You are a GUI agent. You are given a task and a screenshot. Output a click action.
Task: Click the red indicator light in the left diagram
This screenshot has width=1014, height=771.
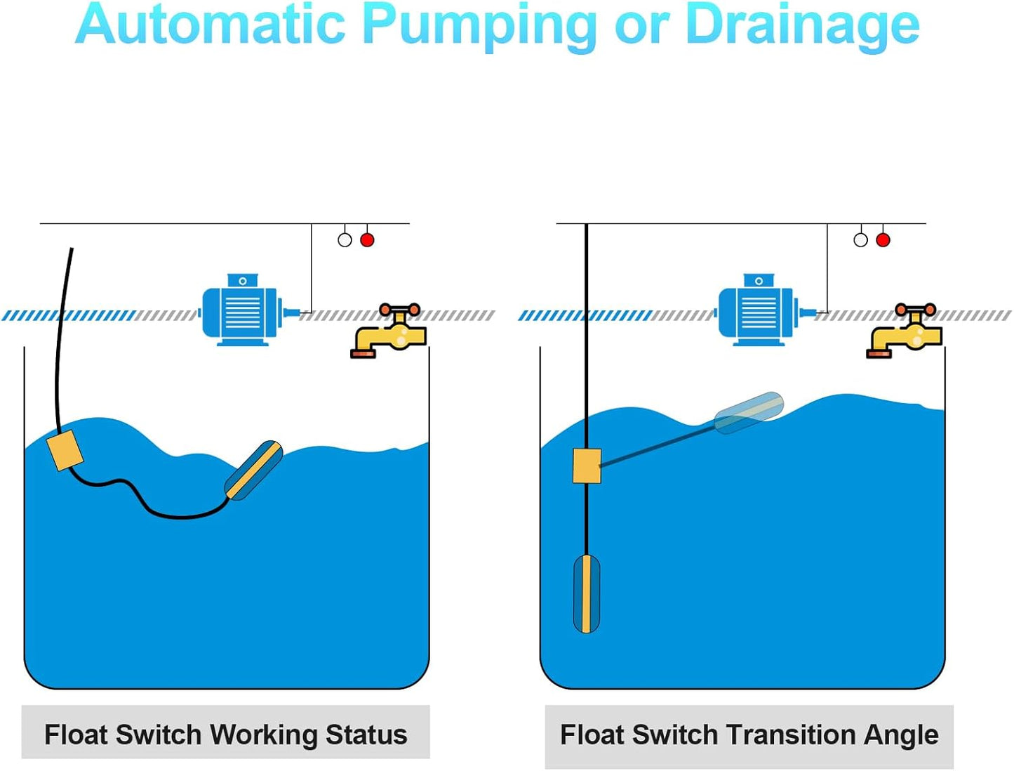click(x=367, y=240)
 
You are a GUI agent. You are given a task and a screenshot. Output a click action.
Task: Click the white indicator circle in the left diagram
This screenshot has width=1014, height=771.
click(x=345, y=240)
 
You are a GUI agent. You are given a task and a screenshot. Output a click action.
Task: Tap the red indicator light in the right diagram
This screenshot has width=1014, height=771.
click(x=883, y=240)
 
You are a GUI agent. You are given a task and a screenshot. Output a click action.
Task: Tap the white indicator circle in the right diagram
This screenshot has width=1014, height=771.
click(x=860, y=240)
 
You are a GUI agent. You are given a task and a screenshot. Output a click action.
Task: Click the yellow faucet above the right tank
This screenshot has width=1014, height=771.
click(x=905, y=332)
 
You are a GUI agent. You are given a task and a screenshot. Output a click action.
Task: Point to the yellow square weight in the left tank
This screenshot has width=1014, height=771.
click(x=65, y=450)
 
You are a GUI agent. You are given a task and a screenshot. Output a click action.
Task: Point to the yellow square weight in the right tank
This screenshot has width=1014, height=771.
click(x=587, y=466)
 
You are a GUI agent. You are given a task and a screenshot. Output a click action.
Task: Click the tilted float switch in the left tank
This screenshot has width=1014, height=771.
click(x=253, y=470)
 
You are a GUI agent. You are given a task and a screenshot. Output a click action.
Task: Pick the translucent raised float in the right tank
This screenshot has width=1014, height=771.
click(x=749, y=413)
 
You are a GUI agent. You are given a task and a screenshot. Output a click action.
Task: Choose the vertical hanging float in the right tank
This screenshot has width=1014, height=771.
click(x=587, y=593)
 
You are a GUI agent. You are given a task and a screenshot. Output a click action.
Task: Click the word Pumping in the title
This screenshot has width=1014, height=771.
click(x=480, y=25)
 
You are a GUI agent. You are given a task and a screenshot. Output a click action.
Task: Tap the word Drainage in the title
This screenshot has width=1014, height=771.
click(x=801, y=25)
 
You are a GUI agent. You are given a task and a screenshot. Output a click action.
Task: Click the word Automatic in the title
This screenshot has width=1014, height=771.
click(x=211, y=25)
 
